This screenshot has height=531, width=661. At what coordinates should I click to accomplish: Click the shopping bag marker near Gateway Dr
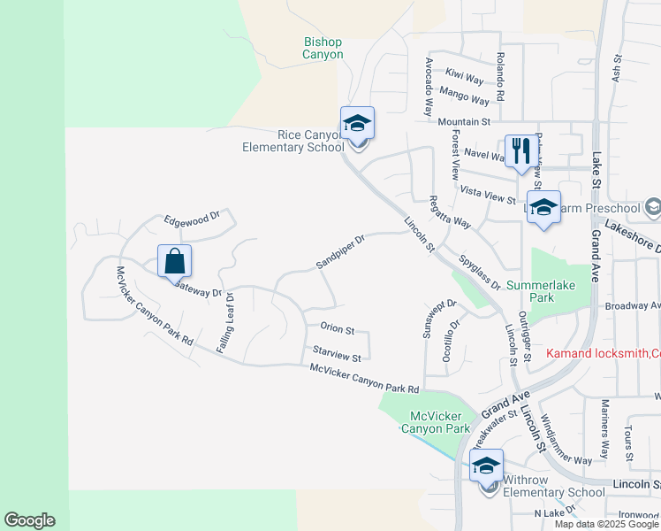click(x=175, y=261)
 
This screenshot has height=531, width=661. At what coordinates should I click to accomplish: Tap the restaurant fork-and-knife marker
click(x=520, y=151)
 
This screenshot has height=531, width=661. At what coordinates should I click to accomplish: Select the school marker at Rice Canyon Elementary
click(x=357, y=124)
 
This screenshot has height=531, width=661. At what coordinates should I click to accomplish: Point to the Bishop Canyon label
click(x=323, y=48)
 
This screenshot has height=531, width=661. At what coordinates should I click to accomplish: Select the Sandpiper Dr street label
click(x=340, y=252)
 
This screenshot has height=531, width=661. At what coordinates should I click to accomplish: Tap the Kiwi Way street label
click(x=466, y=73)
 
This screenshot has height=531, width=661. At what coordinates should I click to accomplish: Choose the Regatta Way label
click(x=449, y=212)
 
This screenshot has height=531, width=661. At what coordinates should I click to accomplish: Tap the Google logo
click(x=29, y=520)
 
